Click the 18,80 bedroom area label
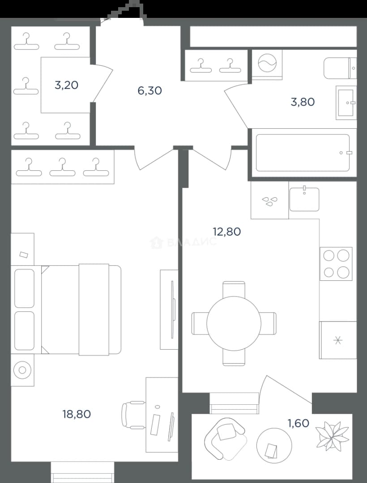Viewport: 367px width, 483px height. [77, 414]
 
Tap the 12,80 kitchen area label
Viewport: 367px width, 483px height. [227, 231]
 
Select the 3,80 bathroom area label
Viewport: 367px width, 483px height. [303, 102]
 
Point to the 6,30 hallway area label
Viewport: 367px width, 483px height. [150, 90]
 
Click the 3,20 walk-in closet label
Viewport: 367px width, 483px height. [66, 85]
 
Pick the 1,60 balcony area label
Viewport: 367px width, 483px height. [298, 423]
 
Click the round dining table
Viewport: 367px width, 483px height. [234, 323]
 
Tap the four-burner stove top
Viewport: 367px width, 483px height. [336, 264]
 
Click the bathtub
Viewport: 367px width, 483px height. [303, 153]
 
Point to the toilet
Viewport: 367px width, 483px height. [340, 68]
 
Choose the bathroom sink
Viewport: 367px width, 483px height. [346, 102]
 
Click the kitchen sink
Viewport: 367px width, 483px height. [304, 199]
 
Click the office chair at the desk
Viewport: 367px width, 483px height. [133, 415]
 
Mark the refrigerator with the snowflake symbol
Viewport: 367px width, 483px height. [338, 340]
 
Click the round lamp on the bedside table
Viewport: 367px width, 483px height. [22, 370]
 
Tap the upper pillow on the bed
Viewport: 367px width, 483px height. [24, 288]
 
